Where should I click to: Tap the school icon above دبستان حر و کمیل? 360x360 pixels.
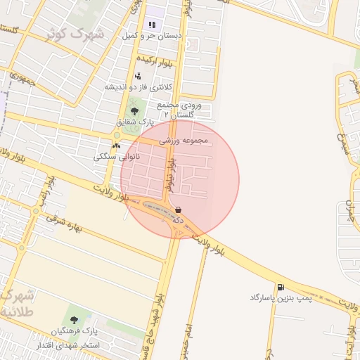tap(152, 25)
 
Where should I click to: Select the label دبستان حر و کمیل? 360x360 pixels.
tap(153, 34)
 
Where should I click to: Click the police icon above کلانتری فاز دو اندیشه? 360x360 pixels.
tap(138, 76)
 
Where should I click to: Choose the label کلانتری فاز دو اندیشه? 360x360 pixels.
tap(139, 86)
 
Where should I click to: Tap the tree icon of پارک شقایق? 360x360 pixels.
tap(134, 110)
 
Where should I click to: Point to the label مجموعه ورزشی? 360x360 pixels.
tap(184, 141)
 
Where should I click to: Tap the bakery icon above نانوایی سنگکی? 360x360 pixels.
tap(116, 146)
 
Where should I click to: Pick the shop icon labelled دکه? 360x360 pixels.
tap(178, 210)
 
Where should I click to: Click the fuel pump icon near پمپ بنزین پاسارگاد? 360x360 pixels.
tap(281, 287)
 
